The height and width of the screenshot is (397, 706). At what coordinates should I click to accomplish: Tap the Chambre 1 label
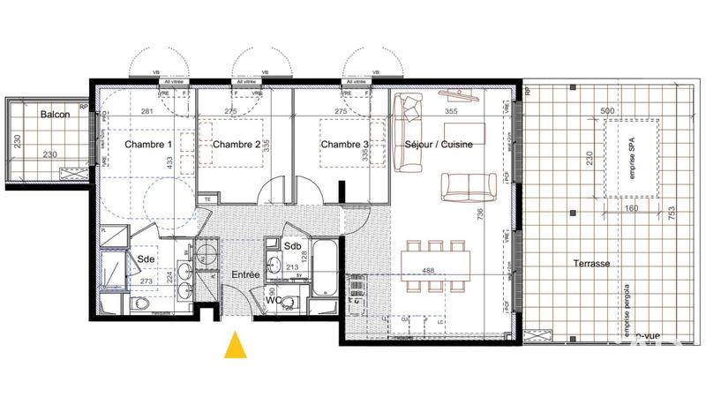[x=148, y=145]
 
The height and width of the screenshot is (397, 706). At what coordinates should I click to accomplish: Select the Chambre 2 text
[x=237, y=145]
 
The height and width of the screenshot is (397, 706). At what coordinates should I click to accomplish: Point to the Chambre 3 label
[x=344, y=145]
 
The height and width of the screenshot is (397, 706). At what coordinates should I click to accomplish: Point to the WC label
[x=274, y=299]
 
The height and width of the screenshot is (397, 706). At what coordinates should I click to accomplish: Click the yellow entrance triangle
[x=235, y=346]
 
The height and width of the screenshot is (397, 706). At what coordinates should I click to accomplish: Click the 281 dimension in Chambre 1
[x=148, y=111]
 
